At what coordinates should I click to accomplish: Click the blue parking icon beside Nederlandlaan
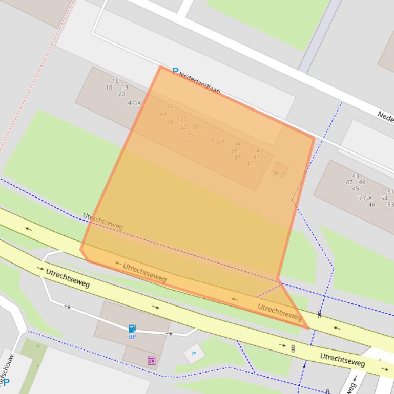175,72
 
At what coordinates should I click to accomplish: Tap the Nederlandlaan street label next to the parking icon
200,83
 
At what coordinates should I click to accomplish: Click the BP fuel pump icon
132,329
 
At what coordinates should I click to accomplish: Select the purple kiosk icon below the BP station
152,360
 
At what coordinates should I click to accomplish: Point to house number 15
115,81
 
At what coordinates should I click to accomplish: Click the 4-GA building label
134,103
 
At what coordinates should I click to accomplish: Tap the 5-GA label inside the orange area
218,141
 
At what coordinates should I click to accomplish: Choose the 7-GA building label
365,198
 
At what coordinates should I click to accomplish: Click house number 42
250,164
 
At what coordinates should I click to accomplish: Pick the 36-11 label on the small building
279,173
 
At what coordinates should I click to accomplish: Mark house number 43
356,176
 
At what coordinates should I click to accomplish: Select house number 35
190,135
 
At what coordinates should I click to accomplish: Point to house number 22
170,106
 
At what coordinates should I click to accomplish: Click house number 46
371,205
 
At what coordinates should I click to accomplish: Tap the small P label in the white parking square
194,354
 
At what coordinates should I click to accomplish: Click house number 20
121,94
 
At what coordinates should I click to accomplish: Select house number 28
170,122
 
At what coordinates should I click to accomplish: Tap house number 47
349,182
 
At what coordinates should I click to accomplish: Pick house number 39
237,145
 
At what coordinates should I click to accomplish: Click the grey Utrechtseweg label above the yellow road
102,221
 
